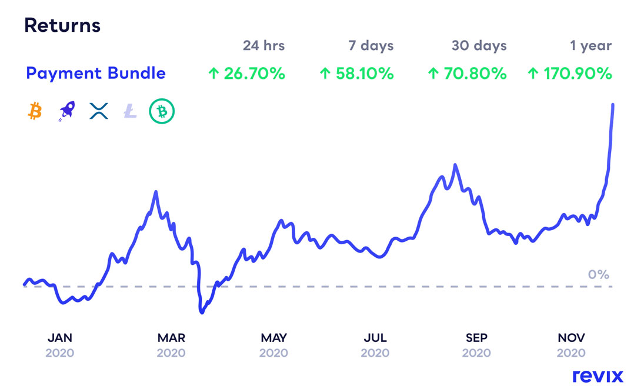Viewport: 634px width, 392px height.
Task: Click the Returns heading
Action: (62, 26)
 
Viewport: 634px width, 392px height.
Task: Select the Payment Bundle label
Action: (96, 74)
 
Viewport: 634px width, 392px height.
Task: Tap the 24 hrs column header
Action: (263, 45)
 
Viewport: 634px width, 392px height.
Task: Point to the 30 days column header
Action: (479, 45)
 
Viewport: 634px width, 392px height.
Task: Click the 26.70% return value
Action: (247, 74)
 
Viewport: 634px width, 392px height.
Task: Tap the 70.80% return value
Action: (466, 74)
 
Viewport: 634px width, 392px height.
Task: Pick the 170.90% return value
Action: (569, 74)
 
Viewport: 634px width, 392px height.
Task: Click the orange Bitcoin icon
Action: (35, 110)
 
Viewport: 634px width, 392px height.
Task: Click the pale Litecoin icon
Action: (130, 111)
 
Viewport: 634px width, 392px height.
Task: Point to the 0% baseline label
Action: (599, 274)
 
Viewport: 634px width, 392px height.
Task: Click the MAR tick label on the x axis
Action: (171, 338)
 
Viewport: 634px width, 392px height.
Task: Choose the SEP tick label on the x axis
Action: (476, 338)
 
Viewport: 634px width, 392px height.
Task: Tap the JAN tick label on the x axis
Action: (60, 338)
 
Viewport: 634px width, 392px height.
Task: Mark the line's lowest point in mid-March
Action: (202, 313)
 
